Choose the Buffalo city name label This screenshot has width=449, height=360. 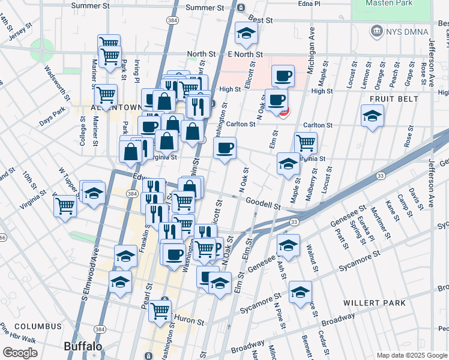(83, 346)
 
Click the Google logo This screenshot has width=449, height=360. (20, 353)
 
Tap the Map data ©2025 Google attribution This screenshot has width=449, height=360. (412, 355)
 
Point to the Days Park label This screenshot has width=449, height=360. (52, 112)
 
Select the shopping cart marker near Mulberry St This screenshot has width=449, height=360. (306, 143)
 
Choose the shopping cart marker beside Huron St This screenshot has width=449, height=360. (160, 310)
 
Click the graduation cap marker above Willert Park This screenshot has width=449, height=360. (300, 291)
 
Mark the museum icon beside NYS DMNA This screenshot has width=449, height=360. (376, 30)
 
